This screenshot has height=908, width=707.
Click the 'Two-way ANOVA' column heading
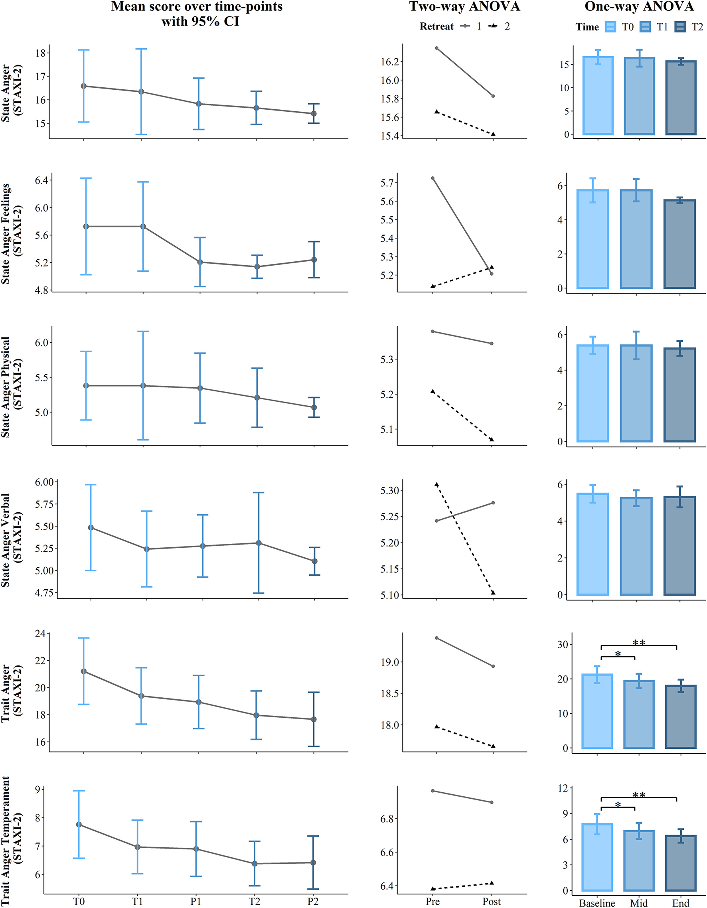coord(464,7)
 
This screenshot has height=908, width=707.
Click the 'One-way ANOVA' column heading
coord(639,7)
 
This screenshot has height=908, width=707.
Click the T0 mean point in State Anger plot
coord(84,86)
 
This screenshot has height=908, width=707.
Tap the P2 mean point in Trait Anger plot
coord(314,719)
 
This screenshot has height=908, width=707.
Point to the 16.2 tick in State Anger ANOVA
coord(390,62)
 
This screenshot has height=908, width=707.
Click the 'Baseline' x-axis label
coord(597,903)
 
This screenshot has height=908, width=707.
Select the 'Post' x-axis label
coord(492,901)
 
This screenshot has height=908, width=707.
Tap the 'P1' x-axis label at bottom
coord(196,901)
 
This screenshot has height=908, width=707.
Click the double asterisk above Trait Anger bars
coord(639,643)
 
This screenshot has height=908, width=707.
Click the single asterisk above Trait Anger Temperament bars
coord(618,805)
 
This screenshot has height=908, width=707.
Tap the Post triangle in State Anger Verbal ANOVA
coord(493,592)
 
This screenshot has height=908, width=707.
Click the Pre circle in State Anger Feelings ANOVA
coord(433,178)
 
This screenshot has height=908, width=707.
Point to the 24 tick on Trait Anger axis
coord(40,634)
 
